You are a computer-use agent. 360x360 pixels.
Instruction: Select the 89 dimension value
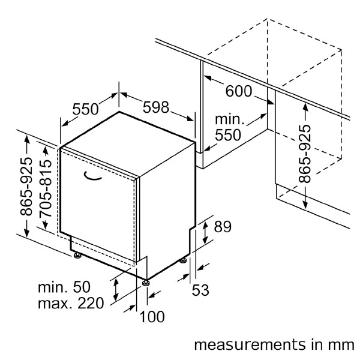click(x=223, y=227)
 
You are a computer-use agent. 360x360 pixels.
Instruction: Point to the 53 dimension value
click(x=200, y=290)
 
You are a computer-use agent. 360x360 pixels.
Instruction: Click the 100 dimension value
click(x=151, y=317)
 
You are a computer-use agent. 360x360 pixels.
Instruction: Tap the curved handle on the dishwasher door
click(x=94, y=175)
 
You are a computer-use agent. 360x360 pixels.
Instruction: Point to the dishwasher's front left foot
click(x=77, y=256)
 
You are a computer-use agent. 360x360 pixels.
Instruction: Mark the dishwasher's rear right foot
click(x=183, y=260)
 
